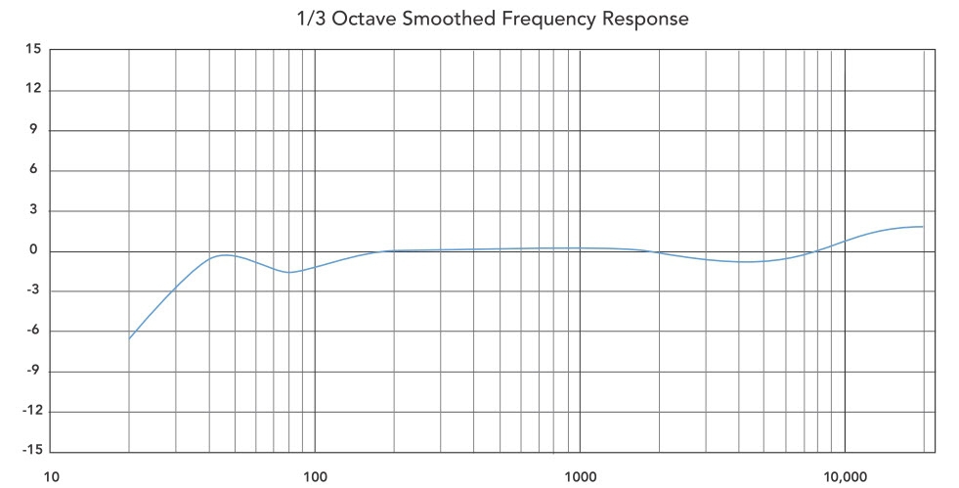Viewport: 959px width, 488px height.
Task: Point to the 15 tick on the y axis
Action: pyautogui.click(x=33, y=50)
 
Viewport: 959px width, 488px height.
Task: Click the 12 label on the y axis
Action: pyautogui.click(x=33, y=90)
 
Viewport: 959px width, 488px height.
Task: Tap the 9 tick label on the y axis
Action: pyautogui.click(x=36, y=130)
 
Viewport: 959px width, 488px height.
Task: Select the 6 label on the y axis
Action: pyautogui.click(x=36, y=170)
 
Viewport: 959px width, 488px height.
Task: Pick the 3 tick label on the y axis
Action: pyautogui.click(x=36, y=210)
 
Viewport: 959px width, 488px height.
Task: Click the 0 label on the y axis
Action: pyautogui.click(x=36, y=250)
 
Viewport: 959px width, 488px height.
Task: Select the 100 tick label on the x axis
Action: pyautogui.click(x=315, y=476)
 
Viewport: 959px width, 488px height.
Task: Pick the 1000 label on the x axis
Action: pyautogui.click(x=580, y=476)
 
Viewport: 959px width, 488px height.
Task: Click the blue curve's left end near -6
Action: pyautogui.click(x=130, y=338)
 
